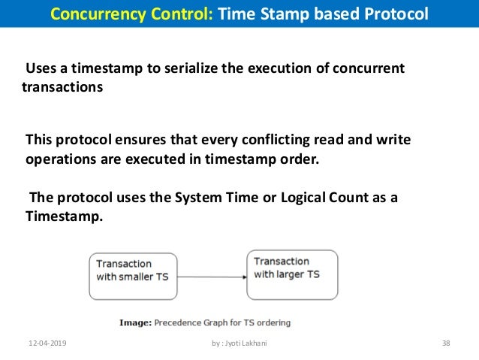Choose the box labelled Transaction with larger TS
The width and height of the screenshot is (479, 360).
[292, 268]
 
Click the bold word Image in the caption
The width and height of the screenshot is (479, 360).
[135, 323]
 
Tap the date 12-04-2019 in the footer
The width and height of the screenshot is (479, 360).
[46, 344]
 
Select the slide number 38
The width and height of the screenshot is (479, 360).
[446, 344]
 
